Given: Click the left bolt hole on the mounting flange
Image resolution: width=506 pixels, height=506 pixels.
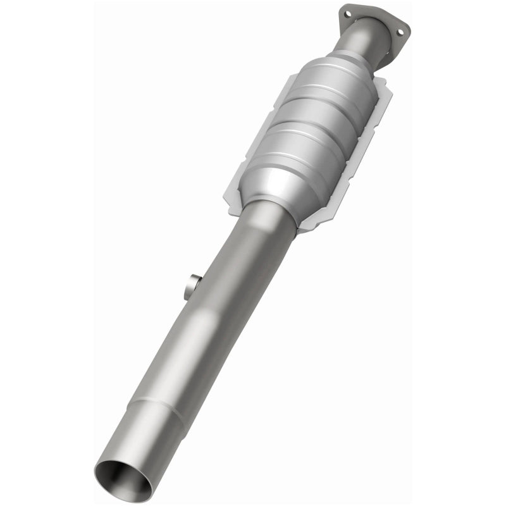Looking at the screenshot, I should click(347, 13).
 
